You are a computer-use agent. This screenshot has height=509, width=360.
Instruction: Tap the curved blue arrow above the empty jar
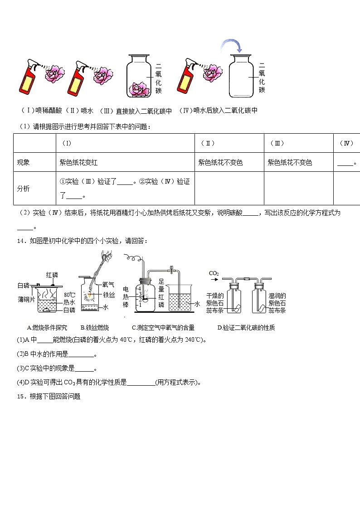231,45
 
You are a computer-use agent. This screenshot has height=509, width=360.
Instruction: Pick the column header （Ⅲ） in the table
277,143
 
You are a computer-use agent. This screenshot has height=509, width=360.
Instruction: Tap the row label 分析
23,188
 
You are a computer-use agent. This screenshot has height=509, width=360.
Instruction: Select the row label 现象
23,162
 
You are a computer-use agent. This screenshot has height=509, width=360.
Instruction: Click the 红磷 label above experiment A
52,275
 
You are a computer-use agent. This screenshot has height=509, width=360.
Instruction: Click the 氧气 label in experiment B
108,285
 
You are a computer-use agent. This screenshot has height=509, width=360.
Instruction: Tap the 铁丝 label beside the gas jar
108,295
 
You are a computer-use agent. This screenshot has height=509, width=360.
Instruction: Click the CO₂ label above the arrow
214,273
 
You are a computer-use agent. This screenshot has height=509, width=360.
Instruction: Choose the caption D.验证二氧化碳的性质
246,328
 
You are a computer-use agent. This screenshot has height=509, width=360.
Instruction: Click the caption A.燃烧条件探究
47,328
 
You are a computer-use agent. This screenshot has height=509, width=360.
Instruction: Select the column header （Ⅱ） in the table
207,143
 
